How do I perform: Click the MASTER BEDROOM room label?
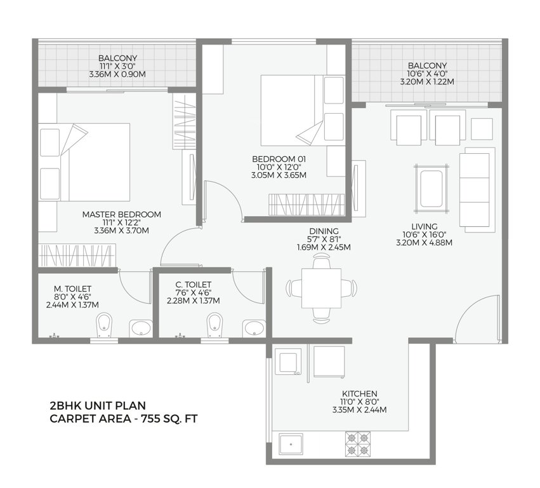121,214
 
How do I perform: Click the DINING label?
324,231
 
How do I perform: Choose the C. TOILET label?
193,285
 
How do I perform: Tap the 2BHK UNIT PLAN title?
98,405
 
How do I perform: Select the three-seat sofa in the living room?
476,189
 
